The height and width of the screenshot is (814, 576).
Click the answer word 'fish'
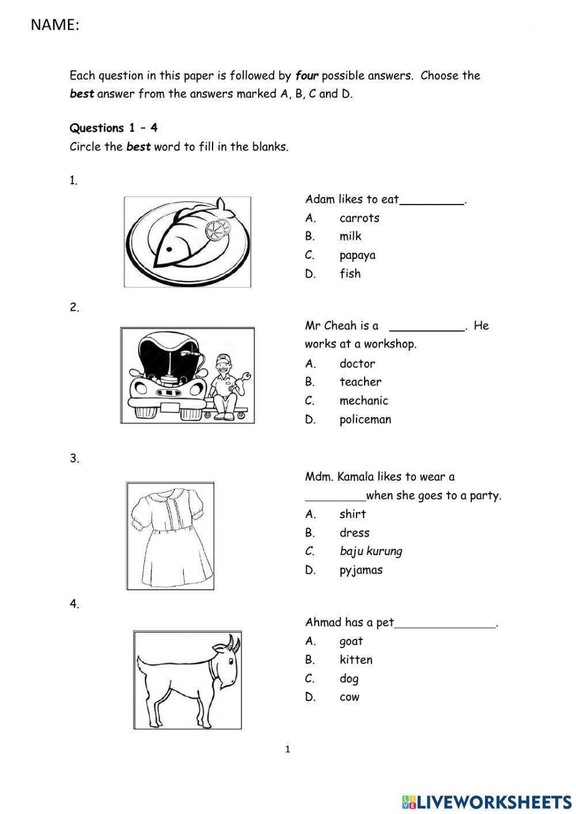350,274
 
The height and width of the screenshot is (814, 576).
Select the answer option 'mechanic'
363,400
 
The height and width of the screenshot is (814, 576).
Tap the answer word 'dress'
354,533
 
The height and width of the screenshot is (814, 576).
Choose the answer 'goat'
351,641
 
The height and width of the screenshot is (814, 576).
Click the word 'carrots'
359,218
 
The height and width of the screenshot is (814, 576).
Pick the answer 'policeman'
365,419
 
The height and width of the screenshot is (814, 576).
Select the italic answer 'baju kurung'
370,551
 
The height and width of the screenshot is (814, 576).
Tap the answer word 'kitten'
355,660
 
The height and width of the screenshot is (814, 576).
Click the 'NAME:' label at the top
55,25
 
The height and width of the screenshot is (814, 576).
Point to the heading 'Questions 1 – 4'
113,128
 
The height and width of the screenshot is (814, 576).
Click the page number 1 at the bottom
287,749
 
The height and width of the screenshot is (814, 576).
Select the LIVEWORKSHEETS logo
486,801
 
